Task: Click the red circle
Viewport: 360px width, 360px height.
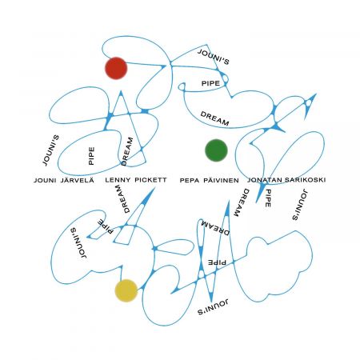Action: pyautogui.click(x=116, y=68)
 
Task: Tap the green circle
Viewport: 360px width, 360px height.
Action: pyautogui.click(x=216, y=150)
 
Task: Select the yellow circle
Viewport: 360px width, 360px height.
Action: pyautogui.click(x=126, y=290)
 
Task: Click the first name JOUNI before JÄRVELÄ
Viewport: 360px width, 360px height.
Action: pyautogui.click(x=45, y=181)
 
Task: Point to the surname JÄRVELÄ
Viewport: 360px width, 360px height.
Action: pyautogui.click(x=78, y=180)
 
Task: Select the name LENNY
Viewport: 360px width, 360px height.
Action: pyautogui.click(x=118, y=180)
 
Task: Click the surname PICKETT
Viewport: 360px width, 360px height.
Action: pyautogui.click(x=150, y=180)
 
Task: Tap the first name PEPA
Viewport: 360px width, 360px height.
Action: pyautogui.click(x=190, y=181)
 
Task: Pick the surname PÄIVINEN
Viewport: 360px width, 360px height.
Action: pyautogui.click(x=221, y=180)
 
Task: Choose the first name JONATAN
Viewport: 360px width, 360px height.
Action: pyautogui.click(x=265, y=180)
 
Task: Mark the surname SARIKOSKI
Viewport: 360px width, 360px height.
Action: pyautogui.click(x=305, y=180)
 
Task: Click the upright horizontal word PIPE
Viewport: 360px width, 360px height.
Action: pyautogui.click(x=210, y=83)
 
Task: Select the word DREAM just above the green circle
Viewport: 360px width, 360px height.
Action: pyautogui.click(x=214, y=118)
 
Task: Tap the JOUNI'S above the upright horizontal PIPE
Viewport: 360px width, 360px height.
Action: pyautogui.click(x=214, y=57)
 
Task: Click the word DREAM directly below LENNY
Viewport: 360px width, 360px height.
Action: pyautogui.click(x=122, y=199)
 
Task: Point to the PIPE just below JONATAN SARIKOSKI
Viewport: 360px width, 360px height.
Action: pyautogui.click(x=268, y=198)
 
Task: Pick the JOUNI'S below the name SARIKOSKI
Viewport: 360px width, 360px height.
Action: pyautogui.click(x=300, y=205)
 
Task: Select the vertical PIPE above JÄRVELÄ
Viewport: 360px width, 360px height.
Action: pyautogui.click(x=91, y=156)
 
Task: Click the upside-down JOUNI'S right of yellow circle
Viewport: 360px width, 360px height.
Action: pyautogui.click(x=213, y=307)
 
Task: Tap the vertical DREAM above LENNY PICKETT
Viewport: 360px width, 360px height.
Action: pyautogui.click(x=127, y=151)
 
